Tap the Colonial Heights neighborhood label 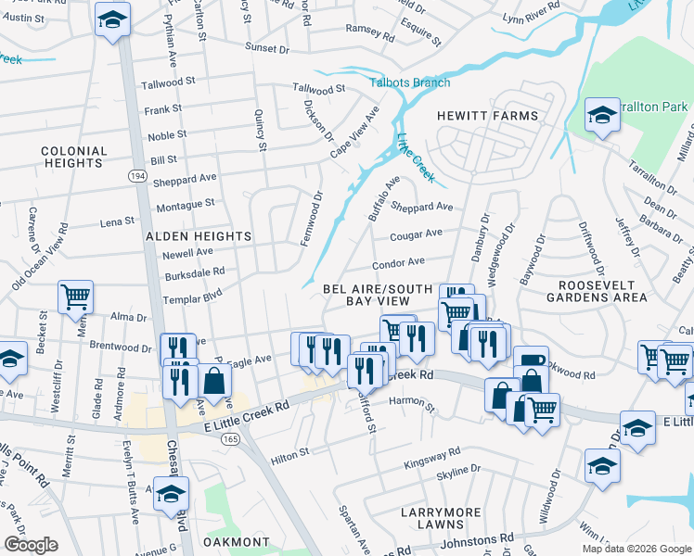click(x=71, y=157)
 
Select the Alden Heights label click(x=199, y=236)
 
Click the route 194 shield click(x=137, y=175)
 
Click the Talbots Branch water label click(x=410, y=82)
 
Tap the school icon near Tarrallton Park click(x=602, y=116)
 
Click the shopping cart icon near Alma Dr click(x=75, y=297)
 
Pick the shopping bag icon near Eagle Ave click(x=214, y=381)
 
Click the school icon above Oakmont click(x=171, y=494)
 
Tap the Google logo click(x=31, y=544)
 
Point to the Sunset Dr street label click(x=267, y=46)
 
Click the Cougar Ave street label click(x=416, y=234)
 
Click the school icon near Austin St click(x=112, y=19)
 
